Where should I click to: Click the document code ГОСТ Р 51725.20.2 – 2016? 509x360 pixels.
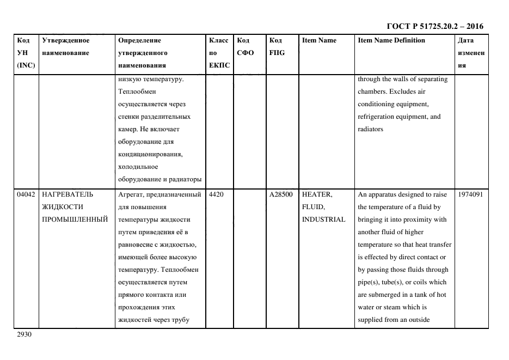[x=434, y=26]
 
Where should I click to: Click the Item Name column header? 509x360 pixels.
[x=319, y=40]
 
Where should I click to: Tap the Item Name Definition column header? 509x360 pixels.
[x=391, y=40]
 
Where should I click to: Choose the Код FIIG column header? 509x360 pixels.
[x=277, y=47]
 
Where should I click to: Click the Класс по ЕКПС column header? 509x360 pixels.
[x=219, y=53]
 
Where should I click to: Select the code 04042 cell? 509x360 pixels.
[x=26, y=194]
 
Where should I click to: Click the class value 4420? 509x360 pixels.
[x=216, y=194]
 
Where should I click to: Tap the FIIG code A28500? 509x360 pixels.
[x=281, y=194]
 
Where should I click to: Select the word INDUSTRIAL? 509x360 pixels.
[x=323, y=219]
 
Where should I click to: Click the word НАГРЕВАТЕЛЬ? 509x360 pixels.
[x=68, y=194]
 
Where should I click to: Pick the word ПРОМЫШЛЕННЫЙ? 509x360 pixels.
[x=75, y=219]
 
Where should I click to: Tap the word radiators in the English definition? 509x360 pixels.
[x=370, y=129]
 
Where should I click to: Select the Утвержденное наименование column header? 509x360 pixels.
[x=66, y=47]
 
